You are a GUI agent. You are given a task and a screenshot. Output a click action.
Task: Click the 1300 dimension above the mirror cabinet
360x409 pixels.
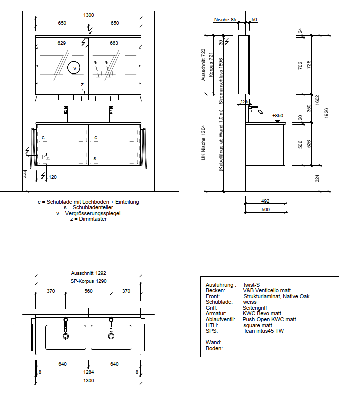89,15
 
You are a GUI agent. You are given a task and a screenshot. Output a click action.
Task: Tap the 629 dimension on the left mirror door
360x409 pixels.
61,43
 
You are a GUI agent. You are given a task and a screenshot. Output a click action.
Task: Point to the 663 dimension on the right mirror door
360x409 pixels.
114,43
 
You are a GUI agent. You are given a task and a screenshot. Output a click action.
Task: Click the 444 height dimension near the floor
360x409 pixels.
25,174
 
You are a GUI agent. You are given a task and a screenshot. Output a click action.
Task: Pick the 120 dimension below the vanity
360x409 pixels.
53,177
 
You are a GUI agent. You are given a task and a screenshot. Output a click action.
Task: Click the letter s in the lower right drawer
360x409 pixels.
95,159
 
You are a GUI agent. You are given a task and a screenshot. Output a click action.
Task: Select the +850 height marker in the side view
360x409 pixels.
278,115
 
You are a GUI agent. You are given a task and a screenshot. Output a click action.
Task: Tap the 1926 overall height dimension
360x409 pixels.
326,113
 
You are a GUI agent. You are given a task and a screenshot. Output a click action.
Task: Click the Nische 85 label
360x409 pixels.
225,20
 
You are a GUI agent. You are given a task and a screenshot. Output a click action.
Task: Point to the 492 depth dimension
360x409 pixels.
265,201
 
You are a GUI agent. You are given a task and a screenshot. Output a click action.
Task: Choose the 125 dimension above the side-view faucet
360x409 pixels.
244,102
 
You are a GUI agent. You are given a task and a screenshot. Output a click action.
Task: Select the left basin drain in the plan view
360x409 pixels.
66,336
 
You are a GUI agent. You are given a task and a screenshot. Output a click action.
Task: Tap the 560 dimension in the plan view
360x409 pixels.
89,291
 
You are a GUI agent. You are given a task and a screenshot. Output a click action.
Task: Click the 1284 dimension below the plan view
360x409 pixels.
89,372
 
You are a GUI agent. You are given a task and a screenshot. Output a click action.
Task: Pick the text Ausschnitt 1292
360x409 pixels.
89,273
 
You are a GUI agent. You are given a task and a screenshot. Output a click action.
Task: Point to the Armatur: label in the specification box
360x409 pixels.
216,313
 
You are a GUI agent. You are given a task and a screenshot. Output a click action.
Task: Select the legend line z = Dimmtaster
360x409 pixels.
88,219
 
